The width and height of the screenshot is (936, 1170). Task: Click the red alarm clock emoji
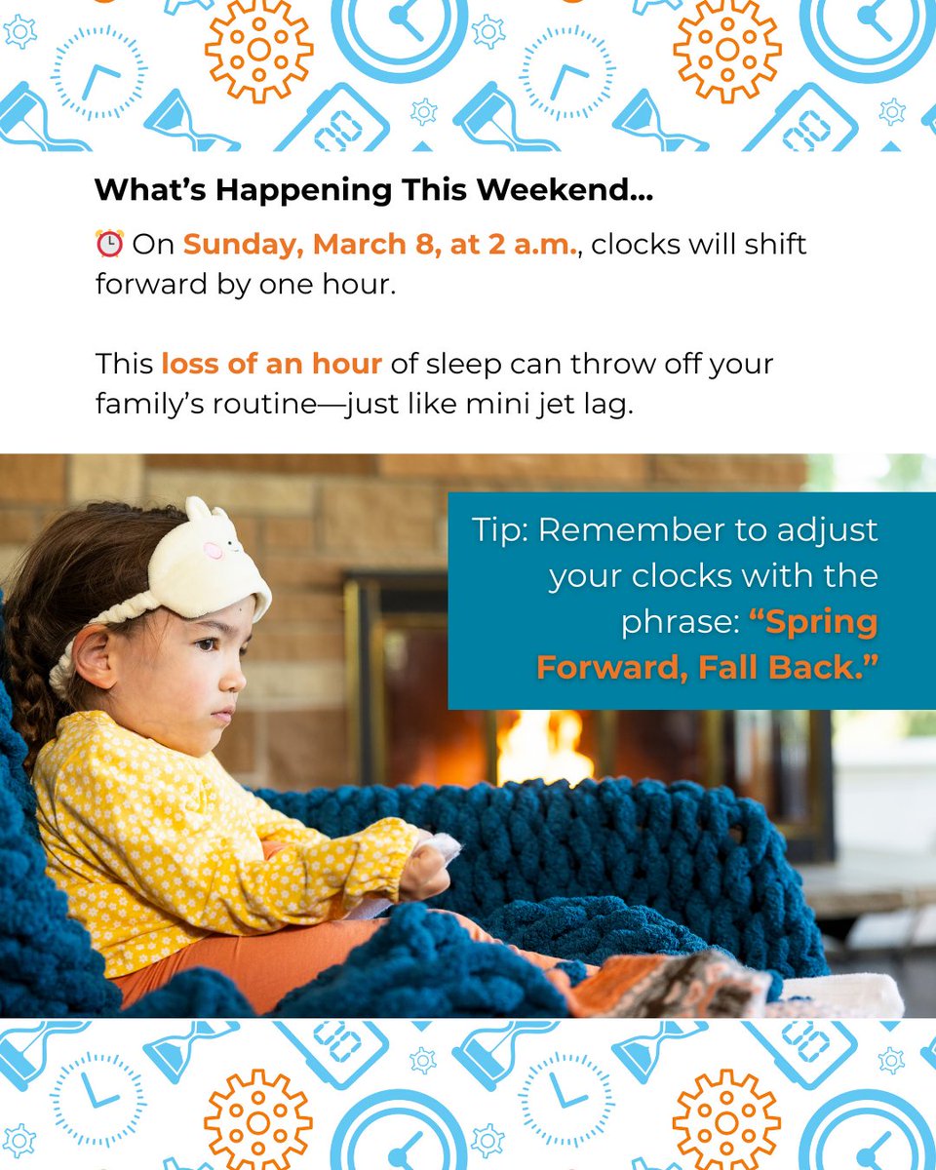tap(109, 244)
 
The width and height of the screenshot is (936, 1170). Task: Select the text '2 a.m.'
tap(541, 244)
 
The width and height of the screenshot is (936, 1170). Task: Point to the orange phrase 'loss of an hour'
tap(271, 364)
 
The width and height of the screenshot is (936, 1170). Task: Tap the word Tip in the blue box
tap(498, 530)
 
